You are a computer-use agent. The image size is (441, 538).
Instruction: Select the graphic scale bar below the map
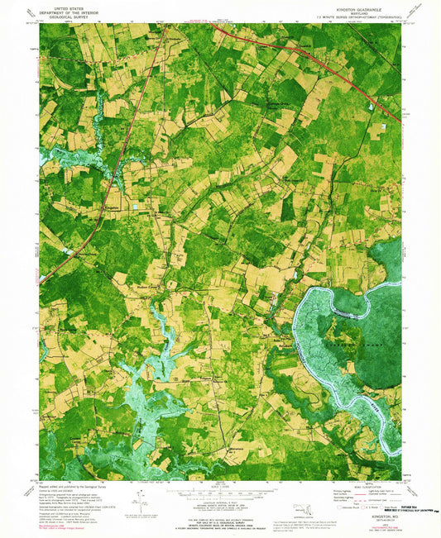tap(220, 489)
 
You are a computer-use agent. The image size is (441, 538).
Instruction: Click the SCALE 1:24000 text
tap(220, 483)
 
